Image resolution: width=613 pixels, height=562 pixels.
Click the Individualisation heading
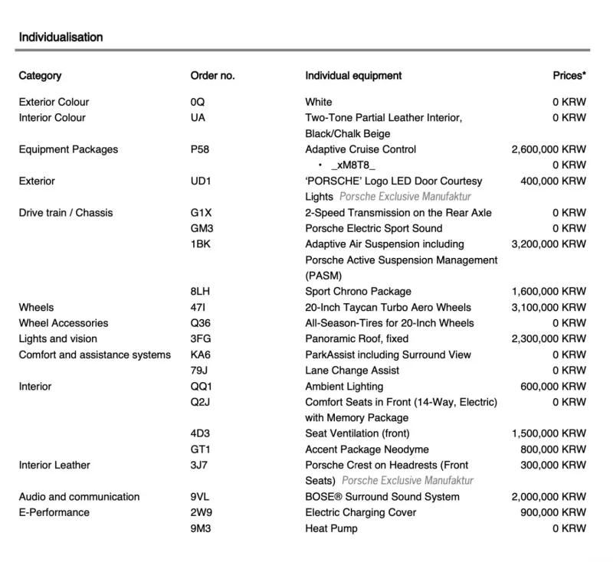61,37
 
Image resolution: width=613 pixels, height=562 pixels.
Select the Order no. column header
212,76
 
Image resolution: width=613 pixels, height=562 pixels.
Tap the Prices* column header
569,76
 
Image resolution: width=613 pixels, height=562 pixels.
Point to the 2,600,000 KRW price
548,149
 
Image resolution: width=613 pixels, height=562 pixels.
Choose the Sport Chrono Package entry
358,292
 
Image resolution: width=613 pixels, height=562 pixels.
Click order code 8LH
201,292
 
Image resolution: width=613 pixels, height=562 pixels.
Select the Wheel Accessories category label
64,323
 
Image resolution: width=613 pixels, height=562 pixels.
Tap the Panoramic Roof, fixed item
356,338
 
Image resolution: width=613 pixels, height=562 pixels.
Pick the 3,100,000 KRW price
548,307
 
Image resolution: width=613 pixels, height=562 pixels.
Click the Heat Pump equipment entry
331,528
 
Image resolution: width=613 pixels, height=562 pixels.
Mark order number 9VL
201,497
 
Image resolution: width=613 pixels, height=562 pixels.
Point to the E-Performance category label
54,512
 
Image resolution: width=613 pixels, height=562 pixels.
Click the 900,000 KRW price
552,512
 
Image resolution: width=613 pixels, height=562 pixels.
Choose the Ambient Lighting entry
344,387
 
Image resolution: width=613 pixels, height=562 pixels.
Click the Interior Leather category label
54,465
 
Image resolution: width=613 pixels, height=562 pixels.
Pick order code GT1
201,449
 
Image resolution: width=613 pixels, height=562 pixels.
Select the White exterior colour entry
319,102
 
